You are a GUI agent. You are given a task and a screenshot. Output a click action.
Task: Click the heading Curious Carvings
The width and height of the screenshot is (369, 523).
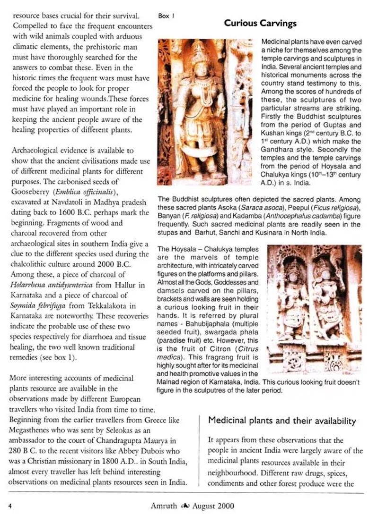(260, 23)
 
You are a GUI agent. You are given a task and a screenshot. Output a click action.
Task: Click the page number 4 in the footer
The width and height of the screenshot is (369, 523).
(10, 506)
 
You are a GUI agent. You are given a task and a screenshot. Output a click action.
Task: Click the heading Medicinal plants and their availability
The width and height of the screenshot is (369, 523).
(282, 421)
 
